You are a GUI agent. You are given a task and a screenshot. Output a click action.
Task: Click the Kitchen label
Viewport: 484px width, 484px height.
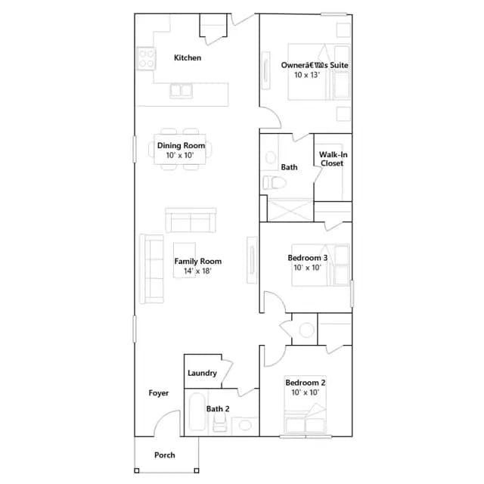[188, 57]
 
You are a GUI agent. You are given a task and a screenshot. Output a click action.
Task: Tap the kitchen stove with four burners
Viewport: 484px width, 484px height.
[146, 59]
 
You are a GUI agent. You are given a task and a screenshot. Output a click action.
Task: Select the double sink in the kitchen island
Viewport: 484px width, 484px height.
[181, 91]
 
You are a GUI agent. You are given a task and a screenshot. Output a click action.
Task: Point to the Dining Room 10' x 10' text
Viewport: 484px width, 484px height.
[181, 150]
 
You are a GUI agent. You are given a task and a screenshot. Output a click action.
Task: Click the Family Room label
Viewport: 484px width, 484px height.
[198, 261]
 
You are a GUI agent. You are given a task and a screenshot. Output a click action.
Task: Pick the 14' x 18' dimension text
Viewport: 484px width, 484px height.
[197, 271]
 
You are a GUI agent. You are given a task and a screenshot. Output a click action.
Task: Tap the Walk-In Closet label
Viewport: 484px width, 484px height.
[333, 159]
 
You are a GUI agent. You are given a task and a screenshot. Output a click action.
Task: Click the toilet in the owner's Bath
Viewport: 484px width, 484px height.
[274, 182]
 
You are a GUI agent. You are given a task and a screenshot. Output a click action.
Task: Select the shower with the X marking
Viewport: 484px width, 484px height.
[290, 210]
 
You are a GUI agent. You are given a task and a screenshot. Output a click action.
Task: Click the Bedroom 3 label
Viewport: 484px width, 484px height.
[308, 258]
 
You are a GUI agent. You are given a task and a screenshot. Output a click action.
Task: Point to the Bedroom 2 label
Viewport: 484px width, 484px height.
[306, 383]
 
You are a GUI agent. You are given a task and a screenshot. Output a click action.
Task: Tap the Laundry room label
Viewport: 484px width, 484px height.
[202, 373]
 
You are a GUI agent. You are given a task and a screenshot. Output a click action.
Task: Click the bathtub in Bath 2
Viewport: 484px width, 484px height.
[197, 411]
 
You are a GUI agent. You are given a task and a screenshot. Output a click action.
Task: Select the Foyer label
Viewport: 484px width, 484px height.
[159, 393]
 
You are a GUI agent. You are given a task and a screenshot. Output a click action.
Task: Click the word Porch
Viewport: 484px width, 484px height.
[165, 455]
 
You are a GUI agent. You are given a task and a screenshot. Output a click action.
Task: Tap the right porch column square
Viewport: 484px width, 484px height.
[197, 470]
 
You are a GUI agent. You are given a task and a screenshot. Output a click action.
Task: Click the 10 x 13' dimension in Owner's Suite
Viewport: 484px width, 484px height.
[307, 75]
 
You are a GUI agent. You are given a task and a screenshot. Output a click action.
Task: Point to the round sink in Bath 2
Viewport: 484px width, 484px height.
[245, 425]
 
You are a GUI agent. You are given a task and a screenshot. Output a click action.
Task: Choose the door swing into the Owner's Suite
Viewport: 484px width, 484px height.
[275, 113]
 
